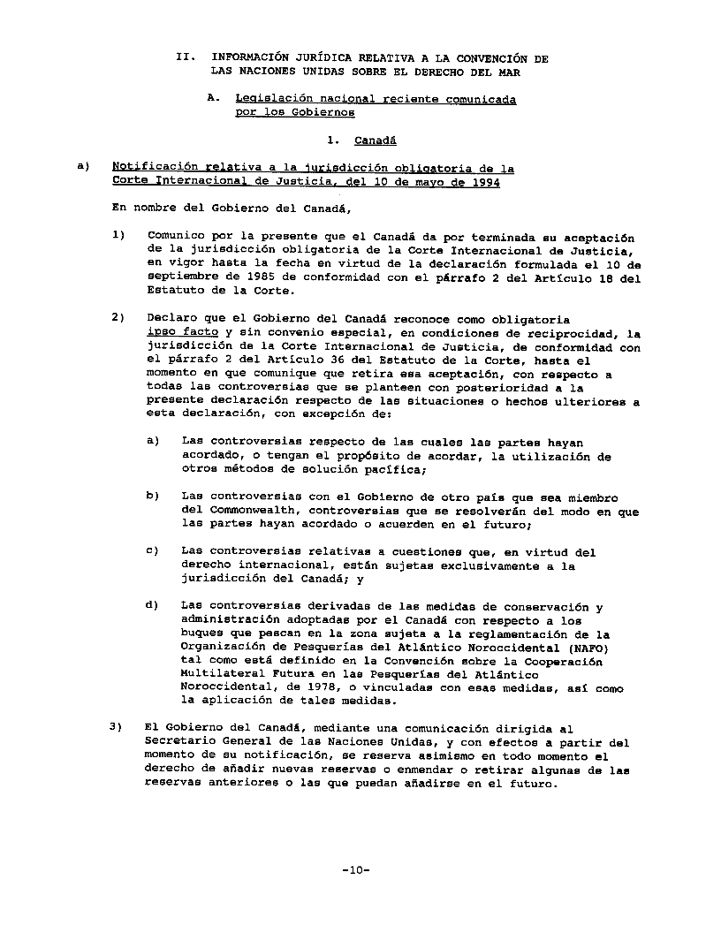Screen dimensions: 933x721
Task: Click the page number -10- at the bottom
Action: tap(355, 870)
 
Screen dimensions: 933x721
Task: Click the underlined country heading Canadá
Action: tap(375, 140)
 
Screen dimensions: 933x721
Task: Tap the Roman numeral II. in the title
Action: tap(185, 58)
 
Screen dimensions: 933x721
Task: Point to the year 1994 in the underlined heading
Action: tap(484, 182)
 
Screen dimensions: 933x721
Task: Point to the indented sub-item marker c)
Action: tap(152, 552)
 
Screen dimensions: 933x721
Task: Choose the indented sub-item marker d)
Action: tap(152, 606)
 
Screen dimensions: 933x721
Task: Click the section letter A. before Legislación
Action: tap(214, 100)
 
